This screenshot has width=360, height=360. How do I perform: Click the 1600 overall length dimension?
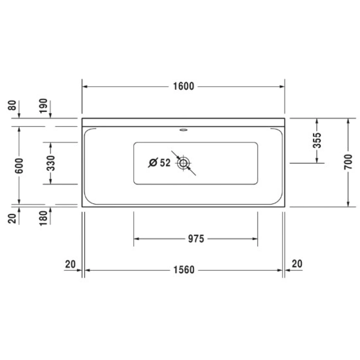[x=184, y=86]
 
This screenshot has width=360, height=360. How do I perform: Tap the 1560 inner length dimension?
[x=184, y=270]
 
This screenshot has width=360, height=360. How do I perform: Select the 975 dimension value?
[x=196, y=239]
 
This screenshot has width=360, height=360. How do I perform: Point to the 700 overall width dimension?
[x=348, y=162]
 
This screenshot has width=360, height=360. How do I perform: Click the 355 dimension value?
[x=317, y=140]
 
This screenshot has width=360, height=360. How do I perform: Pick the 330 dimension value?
[x=51, y=163]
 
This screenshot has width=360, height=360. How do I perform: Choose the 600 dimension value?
[x=19, y=166]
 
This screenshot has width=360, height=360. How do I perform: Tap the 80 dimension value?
[x=12, y=105]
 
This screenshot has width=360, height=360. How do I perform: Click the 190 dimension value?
[x=43, y=106]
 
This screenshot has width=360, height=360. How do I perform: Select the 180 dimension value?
[x=43, y=218]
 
